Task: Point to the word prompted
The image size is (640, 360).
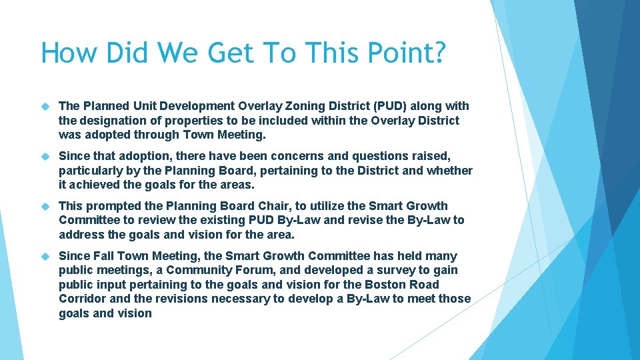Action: point(112,206)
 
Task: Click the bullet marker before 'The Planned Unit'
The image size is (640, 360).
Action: point(45,107)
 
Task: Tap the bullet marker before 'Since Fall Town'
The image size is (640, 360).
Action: point(45,257)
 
